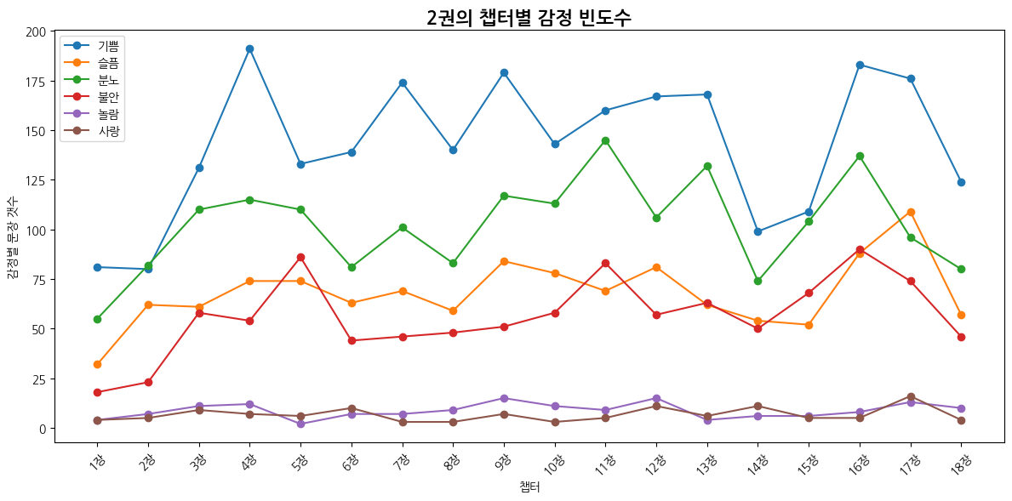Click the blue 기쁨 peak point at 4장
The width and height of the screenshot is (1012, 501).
coord(249,48)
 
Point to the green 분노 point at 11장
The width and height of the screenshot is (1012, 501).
coord(605,140)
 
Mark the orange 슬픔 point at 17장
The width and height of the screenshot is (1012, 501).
coord(911,212)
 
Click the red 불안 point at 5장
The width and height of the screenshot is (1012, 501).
coord(300,257)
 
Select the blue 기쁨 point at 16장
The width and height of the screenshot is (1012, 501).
coord(860,65)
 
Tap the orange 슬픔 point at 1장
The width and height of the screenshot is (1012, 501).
coord(97,364)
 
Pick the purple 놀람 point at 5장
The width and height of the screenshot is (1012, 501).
coord(300,424)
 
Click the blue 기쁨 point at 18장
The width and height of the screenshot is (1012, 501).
coord(961,182)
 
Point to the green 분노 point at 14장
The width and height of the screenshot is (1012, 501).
coord(758,281)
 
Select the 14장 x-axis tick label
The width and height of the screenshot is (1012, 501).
coord(758,464)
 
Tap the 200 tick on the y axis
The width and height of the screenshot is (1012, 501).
coord(36,32)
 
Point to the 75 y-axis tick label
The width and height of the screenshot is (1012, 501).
coord(38,280)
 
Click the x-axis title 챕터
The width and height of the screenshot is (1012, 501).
coord(529,487)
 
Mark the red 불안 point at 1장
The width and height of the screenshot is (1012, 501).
coord(97,392)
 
